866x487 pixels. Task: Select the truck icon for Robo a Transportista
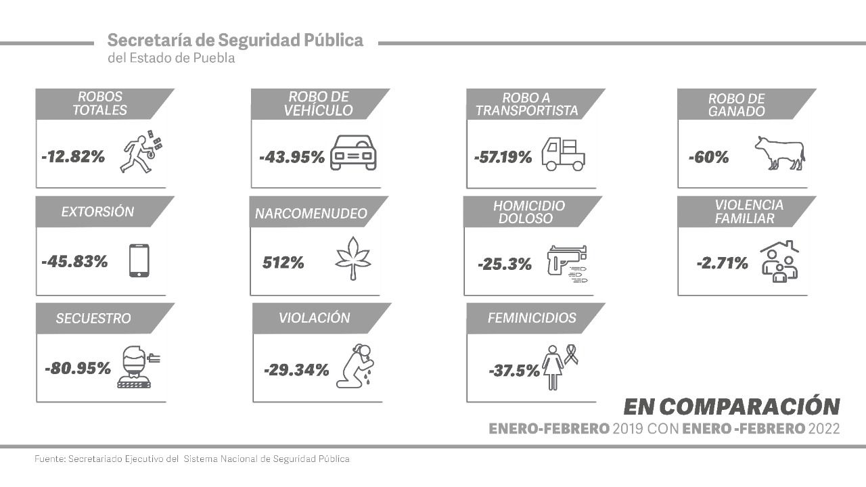564,154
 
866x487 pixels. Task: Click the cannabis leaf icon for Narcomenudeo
353,261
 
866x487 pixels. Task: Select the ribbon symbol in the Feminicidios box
571,354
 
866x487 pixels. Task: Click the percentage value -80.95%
77,369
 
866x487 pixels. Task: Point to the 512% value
283,262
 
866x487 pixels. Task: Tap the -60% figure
708,158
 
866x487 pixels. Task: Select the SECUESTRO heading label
93,319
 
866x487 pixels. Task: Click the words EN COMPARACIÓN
731,406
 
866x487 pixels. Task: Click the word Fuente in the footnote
49,459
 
